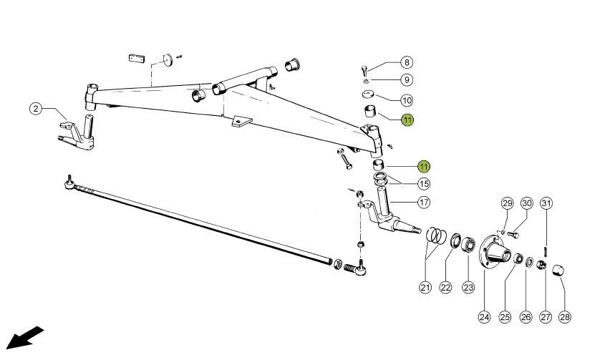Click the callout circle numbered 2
pos(36,108)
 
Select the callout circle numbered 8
pos(407,62)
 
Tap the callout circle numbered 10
pos(407,101)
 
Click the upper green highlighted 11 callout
pos(407,120)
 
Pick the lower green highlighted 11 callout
pos(424,166)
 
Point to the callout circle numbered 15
pos(424,184)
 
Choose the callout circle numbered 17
pos(424,202)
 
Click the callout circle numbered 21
pos(425,287)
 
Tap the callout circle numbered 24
pos(484,317)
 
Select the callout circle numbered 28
pos(564,317)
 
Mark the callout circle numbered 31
pos(546,203)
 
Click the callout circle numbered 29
pos(507,203)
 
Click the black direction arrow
pos(24,338)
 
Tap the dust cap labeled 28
pos(558,270)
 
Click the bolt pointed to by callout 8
pos(364,71)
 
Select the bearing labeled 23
pos(468,245)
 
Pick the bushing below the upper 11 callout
pos(370,111)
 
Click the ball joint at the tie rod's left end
pos(69,183)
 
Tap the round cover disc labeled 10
pos(368,94)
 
